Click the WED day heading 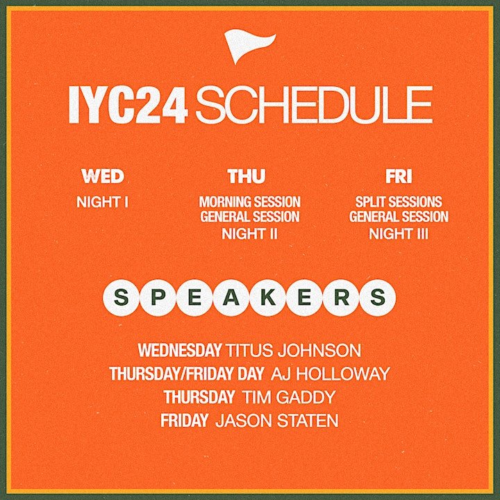pos(102,176)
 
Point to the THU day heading pos(246,176)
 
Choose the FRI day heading pos(399,176)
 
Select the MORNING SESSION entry pos(250,202)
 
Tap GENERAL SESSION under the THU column pos(250,217)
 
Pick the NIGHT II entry pos(250,233)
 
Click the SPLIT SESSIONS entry pos(399,202)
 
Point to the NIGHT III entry pos(399,233)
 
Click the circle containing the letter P pos(153,297)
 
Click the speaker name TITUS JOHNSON pos(294,350)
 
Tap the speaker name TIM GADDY pos(289,397)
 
